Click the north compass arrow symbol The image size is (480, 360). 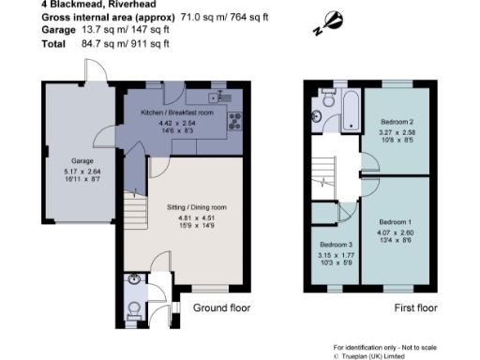[x=333, y=20]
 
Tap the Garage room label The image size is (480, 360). [x=69, y=161]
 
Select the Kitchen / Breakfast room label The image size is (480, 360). [x=177, y=112]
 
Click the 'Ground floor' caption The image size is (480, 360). [x=221, y=307]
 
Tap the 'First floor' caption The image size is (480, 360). [x=415, y=307]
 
